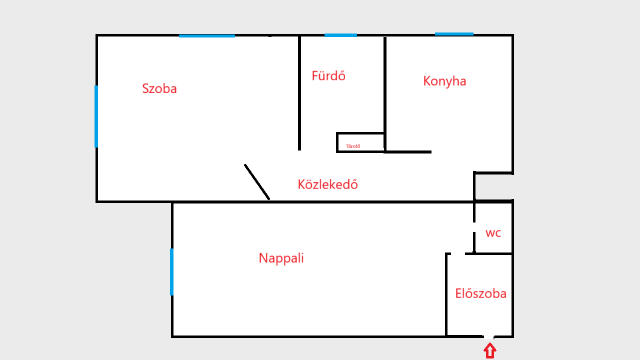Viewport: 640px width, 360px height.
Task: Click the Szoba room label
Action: (160, 89)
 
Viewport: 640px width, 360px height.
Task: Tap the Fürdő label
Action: (329, 76)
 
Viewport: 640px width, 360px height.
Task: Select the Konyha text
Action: (444, 81)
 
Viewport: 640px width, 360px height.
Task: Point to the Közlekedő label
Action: (328, 185)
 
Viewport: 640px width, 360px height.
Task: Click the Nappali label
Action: (281, 258)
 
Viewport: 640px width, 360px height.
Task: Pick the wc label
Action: (493, 233)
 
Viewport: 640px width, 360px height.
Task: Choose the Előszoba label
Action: (480, 294)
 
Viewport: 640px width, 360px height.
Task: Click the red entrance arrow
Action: (490, 350)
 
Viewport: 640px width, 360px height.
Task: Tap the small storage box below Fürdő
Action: (360, 142)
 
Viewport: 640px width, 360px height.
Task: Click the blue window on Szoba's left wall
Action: (96, 116)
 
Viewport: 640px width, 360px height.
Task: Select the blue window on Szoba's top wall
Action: (207, 35)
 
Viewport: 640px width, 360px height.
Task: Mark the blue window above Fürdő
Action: (340, 35)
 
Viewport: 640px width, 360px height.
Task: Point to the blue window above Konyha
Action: (454, 34)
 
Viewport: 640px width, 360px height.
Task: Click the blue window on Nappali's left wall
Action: (172, 272)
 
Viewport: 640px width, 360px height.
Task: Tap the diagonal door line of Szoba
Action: (257, 182)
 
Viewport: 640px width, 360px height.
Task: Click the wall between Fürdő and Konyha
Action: (385, 90)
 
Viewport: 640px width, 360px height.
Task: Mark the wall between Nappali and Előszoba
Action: (447, 295)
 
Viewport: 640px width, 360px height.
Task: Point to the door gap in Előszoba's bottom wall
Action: (489, 336)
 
